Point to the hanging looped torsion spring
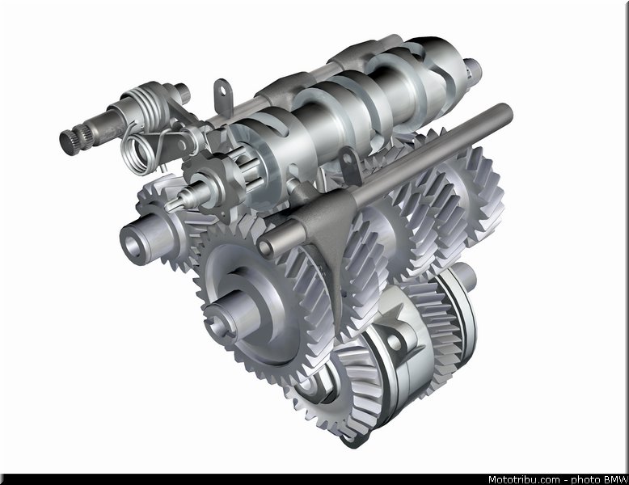point(138,154)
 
